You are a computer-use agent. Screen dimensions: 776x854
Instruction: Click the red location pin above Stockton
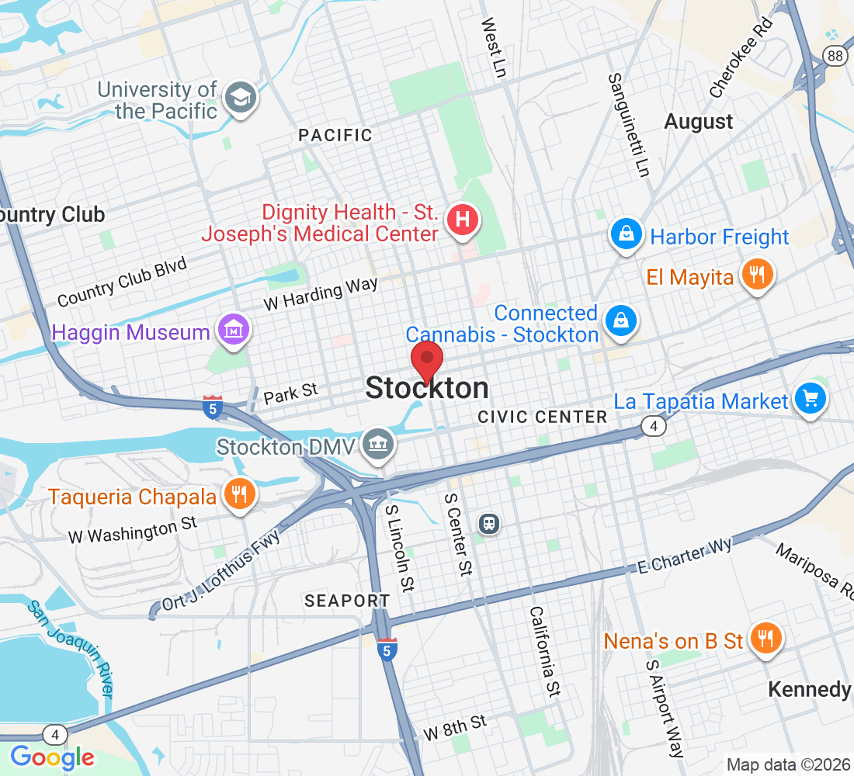click(426, 361)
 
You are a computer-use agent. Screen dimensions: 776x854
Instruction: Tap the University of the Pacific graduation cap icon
click(241, 97)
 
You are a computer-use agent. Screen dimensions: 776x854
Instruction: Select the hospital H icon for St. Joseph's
click(463, 220)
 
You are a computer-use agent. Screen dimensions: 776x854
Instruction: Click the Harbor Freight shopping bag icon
click(626, 234)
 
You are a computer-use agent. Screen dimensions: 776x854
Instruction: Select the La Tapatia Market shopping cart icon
click(811, 399)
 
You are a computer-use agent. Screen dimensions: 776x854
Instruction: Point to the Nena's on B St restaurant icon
click(765, 639)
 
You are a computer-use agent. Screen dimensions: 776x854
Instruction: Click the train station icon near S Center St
click(489, 523)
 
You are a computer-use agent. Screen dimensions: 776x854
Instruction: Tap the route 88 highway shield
click(835, 55)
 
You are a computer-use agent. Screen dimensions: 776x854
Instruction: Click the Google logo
click(53, 756)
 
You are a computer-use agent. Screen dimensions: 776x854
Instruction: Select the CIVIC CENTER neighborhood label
click(543, 417)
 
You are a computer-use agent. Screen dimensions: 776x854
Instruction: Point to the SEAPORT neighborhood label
click(347, 601)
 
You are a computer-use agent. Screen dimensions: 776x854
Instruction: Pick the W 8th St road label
click(455, 727)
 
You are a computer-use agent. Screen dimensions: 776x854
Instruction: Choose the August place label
click(699, 122)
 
